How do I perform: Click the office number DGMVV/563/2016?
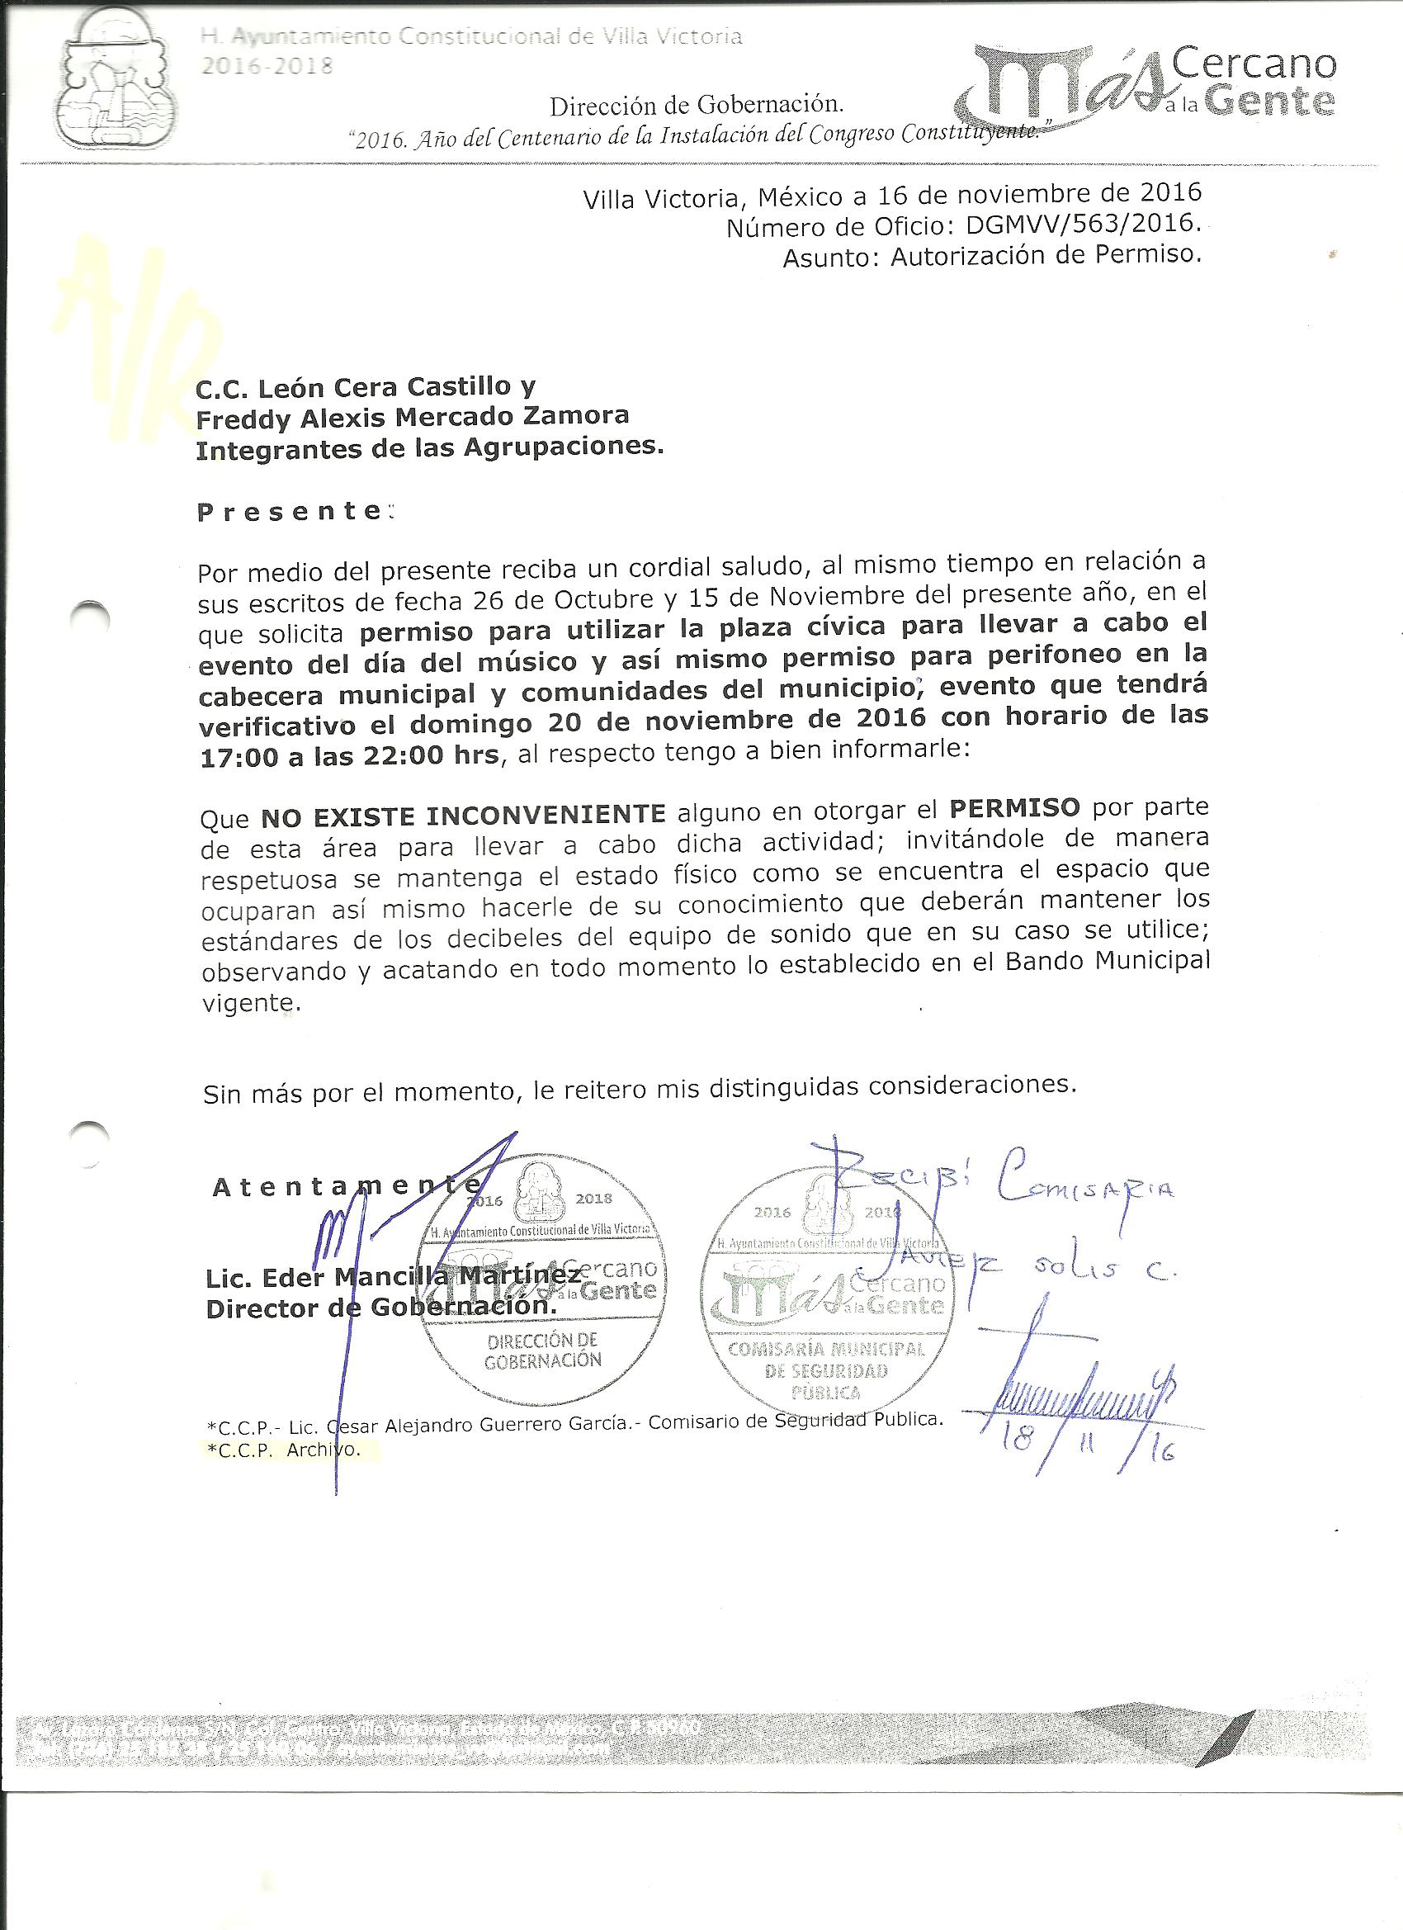[x=1083, y=226]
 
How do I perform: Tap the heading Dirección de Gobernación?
[x=696, y=106]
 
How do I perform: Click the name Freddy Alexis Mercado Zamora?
[x=412, y=418]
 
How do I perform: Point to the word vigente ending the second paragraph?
[x=251, y=1003]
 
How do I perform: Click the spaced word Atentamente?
[x=345, y=1186]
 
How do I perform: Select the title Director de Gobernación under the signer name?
[x=380, y=1308]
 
